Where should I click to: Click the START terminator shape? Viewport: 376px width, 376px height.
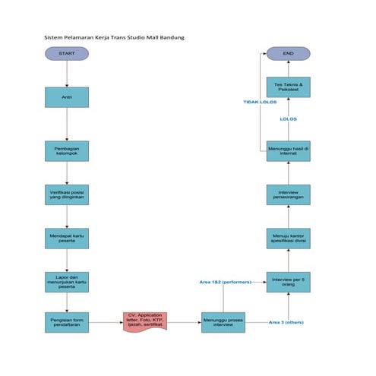(x=67, y=54)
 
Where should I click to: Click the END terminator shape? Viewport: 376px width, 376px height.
(x=288, y=54)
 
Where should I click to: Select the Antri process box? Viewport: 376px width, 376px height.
(x=67, y=97)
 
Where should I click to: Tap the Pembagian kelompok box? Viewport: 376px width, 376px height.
(x=67, y=150)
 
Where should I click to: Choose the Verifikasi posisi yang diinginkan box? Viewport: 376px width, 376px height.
(x=67, y=194)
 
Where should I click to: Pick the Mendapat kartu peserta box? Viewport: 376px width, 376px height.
(x=67, y=238)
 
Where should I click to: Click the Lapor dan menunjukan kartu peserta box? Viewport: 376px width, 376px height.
(x=67, y=282)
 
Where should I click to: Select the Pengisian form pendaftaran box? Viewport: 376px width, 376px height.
(x=67, y=322)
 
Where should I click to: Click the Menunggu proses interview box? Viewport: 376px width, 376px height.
(x=223, y=322)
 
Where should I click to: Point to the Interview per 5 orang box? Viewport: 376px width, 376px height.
(x=288, y=282)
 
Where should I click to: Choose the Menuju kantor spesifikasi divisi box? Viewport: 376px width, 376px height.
(x=288, y=238)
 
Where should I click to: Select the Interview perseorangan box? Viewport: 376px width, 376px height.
(x=288, y=194)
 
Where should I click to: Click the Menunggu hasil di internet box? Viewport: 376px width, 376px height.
(x=288, y=150)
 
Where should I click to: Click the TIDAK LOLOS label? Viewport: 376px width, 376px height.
(x=260, y=102)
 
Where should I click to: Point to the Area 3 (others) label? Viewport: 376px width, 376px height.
(x=286, y=323)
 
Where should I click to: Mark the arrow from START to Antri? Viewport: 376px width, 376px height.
(x=67, y=74)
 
